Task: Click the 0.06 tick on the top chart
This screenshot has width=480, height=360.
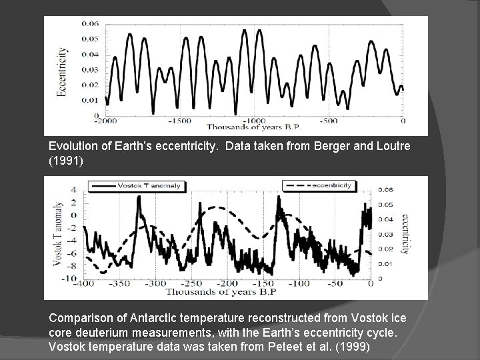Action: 91,24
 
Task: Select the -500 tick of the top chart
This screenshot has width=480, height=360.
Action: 328,121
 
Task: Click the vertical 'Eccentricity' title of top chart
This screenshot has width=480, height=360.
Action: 62,72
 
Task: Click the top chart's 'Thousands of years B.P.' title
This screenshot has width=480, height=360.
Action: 254,127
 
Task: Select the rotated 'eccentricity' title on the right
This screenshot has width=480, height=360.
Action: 404,233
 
